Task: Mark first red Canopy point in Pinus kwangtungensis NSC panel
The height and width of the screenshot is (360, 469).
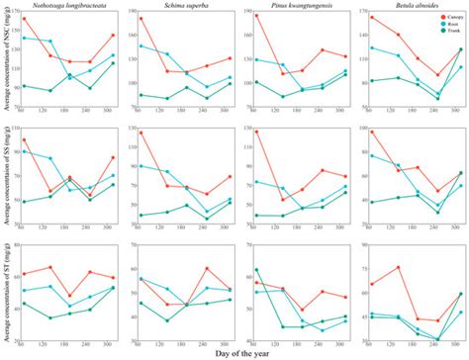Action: point(255,16)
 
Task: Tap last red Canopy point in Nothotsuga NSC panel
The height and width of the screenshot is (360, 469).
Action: point(114,35)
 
